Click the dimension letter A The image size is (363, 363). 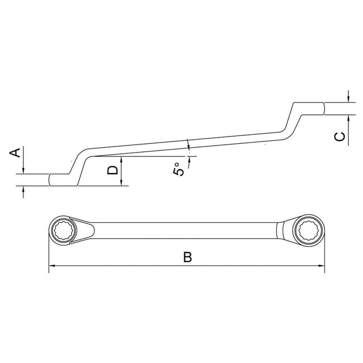15,153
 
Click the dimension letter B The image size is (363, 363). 187,257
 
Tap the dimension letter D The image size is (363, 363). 113,170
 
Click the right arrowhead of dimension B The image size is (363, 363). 322,266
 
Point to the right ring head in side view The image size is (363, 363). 312,109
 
